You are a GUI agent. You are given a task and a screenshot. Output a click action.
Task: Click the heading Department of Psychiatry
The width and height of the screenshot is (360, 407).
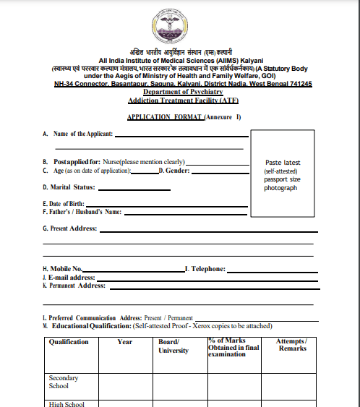click(183, 93)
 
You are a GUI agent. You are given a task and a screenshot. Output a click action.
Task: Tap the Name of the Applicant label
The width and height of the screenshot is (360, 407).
click(81, 134)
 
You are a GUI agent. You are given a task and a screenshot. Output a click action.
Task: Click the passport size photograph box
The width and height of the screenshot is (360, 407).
click(281, 175)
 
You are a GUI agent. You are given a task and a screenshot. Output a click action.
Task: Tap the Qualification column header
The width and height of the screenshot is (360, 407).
click(69, 342)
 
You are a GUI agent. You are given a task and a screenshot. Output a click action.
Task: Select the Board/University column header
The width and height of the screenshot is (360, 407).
click(173, 346)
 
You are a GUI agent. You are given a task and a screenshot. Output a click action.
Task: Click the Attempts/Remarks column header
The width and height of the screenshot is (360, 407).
click(293, 345)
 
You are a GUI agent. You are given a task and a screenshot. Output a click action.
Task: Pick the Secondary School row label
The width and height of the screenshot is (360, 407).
click(64, 382)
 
